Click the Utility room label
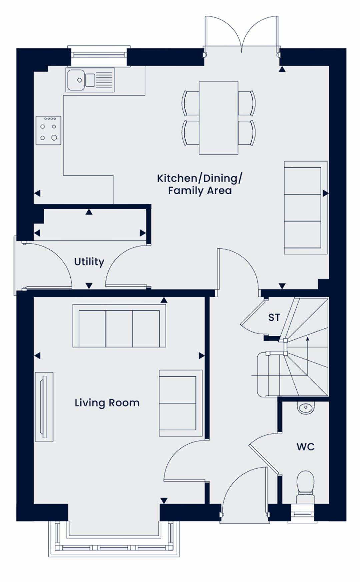pyautogui.click(x=89, y=262)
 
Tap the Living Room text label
pyautogui.click(x=107, y=403)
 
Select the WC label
pyautogui.click(x=305, y=447)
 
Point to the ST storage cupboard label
pyautogui.click(x=274, y=318)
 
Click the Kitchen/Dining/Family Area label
pyautogui.click(x=200, y=184)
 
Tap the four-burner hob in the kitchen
pyautogui.click(x=48, y=130)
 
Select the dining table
pyautogui.click(x=219, y=118)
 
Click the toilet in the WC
pyautogui.click(x=305, y=487)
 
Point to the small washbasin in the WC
pyautogui.click(x=306, y=407)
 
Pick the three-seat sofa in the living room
pyautogui.click(x=119, y=326)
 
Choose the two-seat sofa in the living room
pyautogui.click(x=181, y=403)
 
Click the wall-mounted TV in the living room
pyautogui.click(x=44, y=407)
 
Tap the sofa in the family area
pyautogui.click(x=306, y=208)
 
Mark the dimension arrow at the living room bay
pyautogui.click(x=164, y=500)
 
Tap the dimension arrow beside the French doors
pyautogui.click(x=282, y=69)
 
